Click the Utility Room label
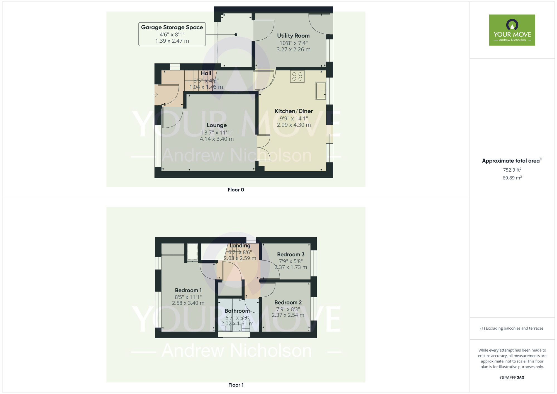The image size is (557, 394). coord(293,36)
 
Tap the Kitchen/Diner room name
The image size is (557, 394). coord(294,111)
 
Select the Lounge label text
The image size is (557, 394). coord(217,125)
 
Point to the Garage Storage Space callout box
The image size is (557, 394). coord(172,34)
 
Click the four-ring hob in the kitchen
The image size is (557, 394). coord(297,76)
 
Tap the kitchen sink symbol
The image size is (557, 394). coord(321,91)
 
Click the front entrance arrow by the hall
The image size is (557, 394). coord(155,95)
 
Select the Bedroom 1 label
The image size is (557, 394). coord(188,290)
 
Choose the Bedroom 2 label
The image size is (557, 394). coord(288,303)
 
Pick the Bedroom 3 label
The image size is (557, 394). coord(291,254)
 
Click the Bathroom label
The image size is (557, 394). coord(237,311)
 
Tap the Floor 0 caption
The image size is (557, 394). coord(236,190)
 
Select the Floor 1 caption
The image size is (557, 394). coord(236,385)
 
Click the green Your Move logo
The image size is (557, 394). coord(512,30)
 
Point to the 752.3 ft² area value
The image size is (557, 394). coord(512,170)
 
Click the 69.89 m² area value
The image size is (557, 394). coord(512,178)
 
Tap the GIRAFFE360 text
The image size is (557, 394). coord(512,378)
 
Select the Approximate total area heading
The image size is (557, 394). coord(512,161)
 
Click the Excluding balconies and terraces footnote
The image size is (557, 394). coord(512,328)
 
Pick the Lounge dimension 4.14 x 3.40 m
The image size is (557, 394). coord(217,139)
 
